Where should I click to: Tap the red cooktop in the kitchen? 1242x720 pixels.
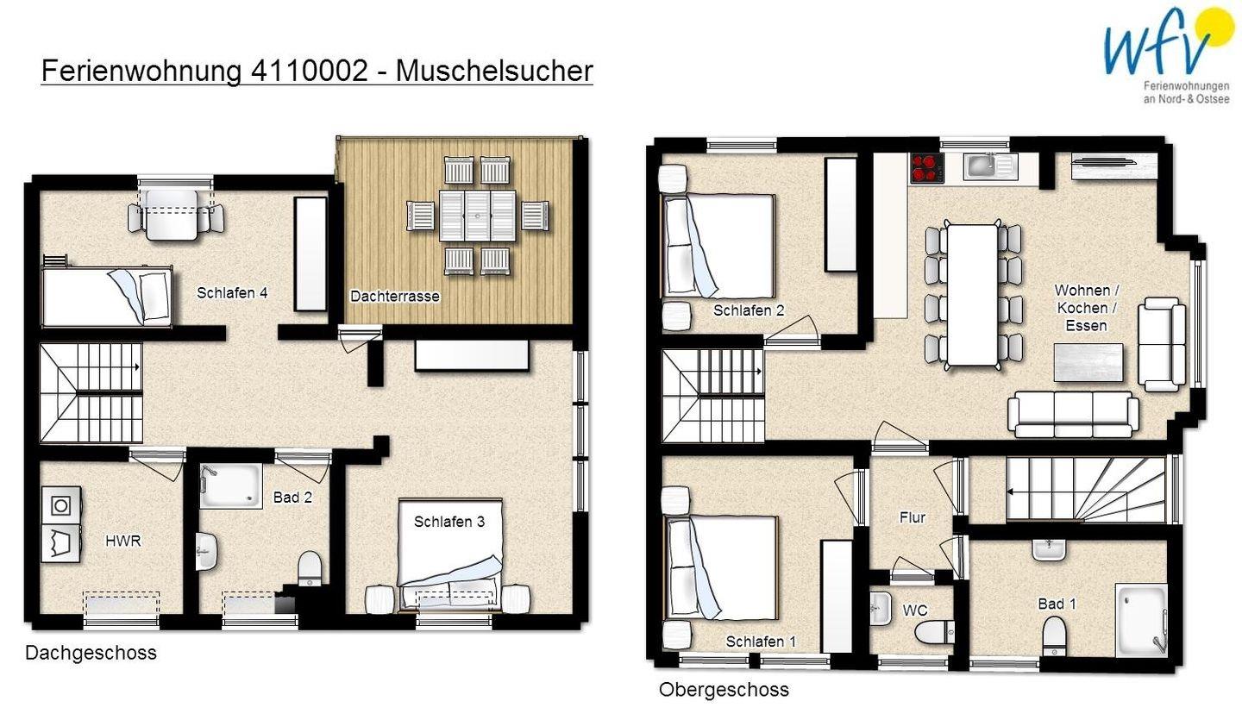tap(926, 168)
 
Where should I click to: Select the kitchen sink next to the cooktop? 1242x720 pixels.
tap(990, 166)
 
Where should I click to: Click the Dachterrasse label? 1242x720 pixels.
tap(395, 297)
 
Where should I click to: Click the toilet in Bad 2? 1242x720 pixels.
tap(310, 568)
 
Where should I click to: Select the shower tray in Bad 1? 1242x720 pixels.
tap(1142, 619)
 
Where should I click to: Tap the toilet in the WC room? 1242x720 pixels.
tap(935, 632)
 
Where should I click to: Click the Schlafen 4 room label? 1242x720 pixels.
tap(232, 292)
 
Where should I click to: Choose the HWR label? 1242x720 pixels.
tap(123, 541)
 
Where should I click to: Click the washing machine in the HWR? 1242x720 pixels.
tap(61, 505)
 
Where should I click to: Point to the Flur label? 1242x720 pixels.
tap(913, 517)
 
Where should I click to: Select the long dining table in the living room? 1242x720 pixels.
tap(973, 295)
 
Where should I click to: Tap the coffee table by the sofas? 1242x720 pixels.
tap(1088, 362)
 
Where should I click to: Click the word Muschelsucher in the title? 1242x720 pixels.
tap(494, 72)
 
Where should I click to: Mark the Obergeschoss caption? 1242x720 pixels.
tap(724, 690)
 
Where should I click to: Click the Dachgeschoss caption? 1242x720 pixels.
tap(91, 653)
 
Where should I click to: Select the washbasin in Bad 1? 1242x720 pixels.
tap(1049, 549)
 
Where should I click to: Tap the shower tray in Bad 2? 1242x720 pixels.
tap(231, 486)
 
